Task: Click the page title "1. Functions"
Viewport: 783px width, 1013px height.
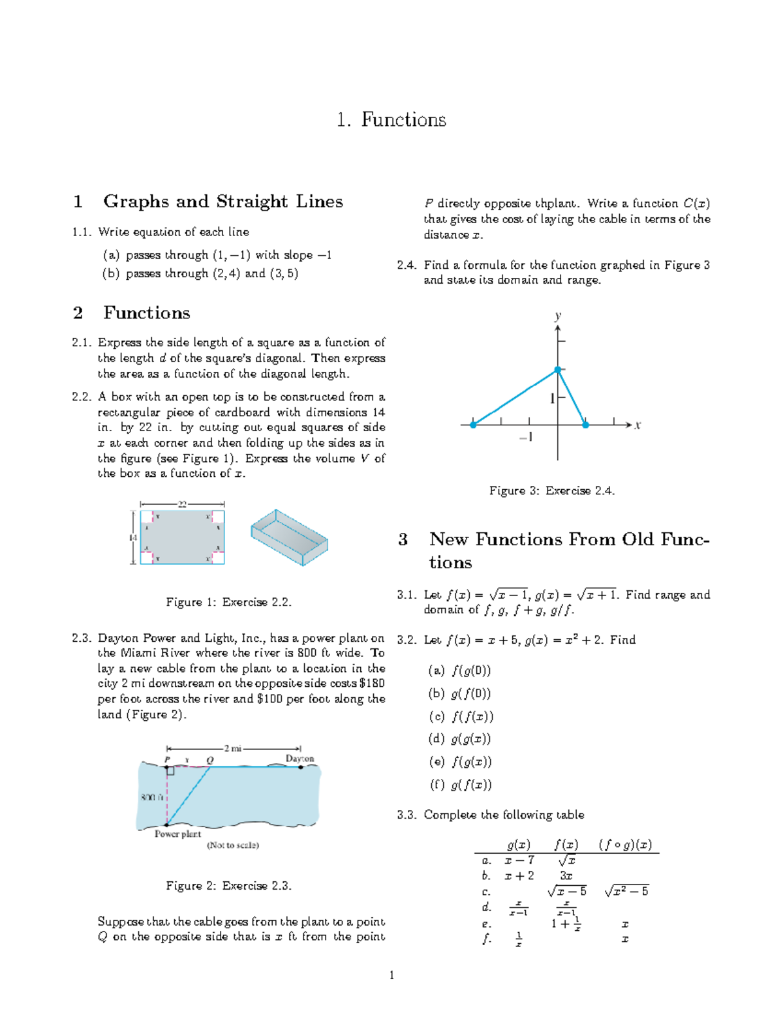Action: tap(391, 120)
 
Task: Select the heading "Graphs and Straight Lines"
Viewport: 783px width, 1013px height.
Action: tap(223, 202)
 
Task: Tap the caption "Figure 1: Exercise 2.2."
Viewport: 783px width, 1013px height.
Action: tap(228, 602)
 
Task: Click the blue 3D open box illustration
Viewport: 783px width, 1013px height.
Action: tap(289, 537)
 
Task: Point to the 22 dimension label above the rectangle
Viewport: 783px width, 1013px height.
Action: tap(183, 504)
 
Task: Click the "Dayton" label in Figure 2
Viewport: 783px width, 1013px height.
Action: tap(299, 759)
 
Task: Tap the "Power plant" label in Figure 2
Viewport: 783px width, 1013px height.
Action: tap(177, 834)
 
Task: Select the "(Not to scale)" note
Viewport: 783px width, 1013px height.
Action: tap(233, 845)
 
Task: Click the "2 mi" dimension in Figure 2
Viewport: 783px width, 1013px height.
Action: tap(232, 749)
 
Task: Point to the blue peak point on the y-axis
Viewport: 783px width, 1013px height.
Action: tap(558, 370)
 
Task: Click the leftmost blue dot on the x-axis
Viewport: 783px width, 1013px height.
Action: tap(473, 425)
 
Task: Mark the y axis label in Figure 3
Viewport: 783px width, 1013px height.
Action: tap(558, 316)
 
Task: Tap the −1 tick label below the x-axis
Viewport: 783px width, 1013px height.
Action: tap(526, 437)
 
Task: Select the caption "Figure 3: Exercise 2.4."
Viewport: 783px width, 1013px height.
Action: tap(552, 491)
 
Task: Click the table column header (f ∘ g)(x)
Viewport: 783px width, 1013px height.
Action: tap(625, 845)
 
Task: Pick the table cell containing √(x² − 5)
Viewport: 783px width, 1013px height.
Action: tap(626, 891)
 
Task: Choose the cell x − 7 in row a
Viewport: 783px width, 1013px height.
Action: tap(519, 860)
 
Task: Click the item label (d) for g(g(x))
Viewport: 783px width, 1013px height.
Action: tap(437, 739)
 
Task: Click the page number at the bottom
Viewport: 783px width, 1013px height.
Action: tap(391, 975)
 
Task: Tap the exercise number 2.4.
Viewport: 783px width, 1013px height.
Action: tap(407, 265)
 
